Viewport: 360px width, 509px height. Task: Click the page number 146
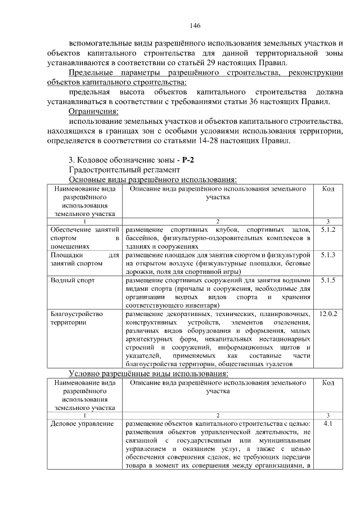tap(196, 25)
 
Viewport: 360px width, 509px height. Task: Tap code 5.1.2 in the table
tap(328, 230)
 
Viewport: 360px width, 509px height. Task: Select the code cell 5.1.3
tap(328, 255)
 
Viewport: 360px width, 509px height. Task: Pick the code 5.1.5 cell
tap(328, 280)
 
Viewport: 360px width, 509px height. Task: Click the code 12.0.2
tap(328, 313)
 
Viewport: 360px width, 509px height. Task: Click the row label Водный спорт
tap(73, 280)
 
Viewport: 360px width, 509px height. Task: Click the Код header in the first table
tap(328, 189)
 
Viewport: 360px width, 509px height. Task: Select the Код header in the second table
tap(328, 382)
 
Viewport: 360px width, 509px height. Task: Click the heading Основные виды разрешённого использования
tap(152, 179)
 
